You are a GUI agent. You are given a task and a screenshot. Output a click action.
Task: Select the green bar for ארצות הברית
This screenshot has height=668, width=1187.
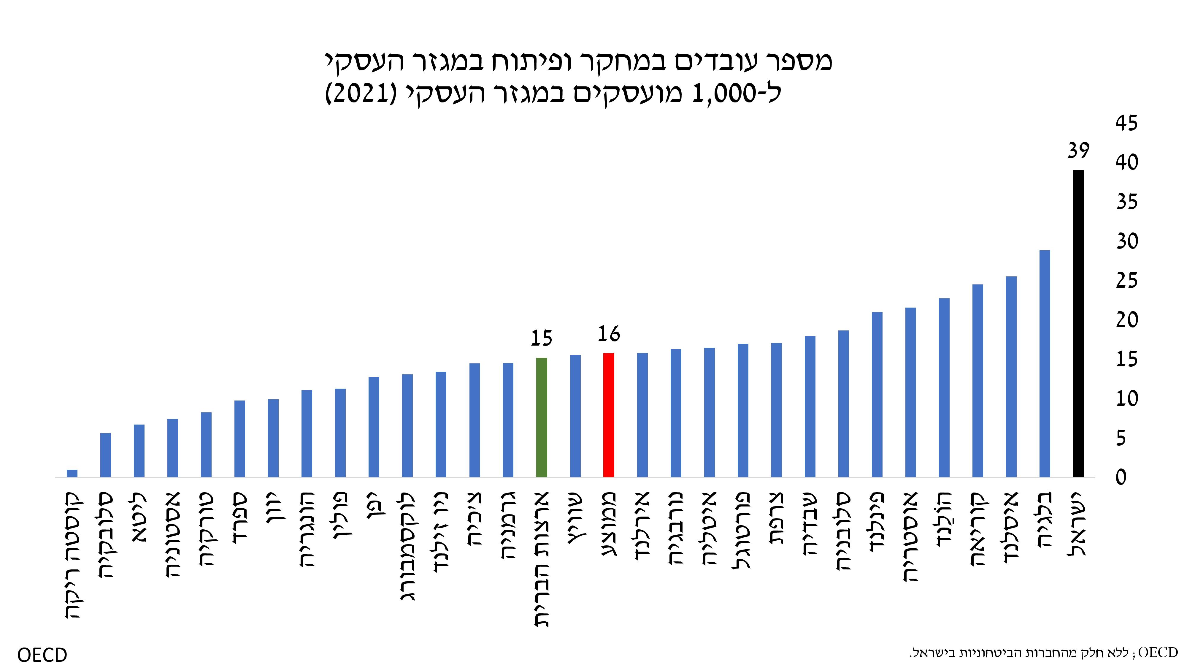[x=542, y=417]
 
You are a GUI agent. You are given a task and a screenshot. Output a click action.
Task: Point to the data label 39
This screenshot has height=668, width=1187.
[x=1078, y=151]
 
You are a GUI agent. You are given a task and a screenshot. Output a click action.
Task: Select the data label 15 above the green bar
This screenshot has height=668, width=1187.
[x=542, y=339]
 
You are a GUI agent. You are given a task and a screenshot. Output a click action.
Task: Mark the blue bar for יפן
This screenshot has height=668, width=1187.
[x=374, y=426]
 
